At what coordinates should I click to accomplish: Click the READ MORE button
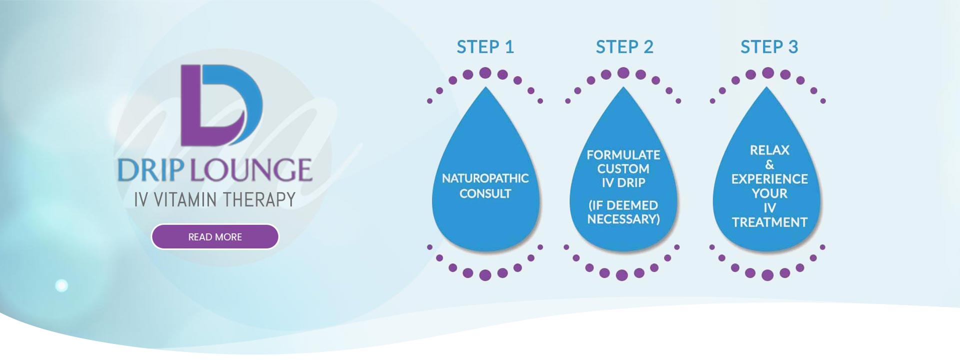click(215, 236)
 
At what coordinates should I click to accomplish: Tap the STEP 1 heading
click(485, 47)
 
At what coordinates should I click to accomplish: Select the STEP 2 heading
click(624, 47)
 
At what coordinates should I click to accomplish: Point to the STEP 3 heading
click(769, 47)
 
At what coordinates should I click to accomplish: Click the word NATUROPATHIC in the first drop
click(485, 178)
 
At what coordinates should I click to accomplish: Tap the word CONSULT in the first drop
click(485, 193)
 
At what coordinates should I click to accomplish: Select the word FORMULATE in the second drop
click(623, 155)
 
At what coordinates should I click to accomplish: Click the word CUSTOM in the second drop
click(623, 169)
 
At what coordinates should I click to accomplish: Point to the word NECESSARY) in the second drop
click(623, 219)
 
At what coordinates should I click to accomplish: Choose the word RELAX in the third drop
click(769, 150)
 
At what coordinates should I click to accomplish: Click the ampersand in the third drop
click(769, 164)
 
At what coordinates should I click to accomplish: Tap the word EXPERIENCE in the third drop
click(769, 179)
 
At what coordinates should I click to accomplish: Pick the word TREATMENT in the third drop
click(769, 222)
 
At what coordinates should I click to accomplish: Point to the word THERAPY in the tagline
click(259, 199)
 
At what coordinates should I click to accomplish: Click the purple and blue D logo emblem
click(221, 105)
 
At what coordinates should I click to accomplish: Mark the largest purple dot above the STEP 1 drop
click(485, 73)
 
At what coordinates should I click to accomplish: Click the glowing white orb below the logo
click(61, 285)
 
